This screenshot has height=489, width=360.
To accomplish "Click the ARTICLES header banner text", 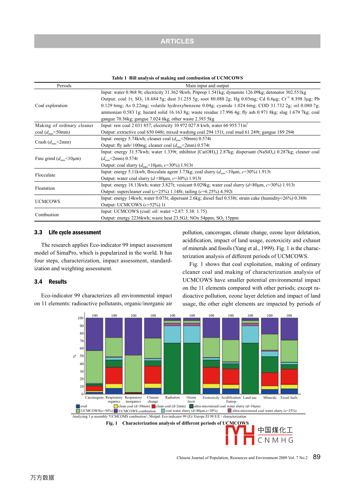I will (177, 41).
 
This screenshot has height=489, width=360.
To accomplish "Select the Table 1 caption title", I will (177, 78).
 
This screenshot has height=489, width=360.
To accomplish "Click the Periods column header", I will (64, 86).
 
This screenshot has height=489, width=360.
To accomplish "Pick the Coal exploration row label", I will (51, 106).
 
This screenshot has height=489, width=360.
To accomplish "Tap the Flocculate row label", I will (45, 175).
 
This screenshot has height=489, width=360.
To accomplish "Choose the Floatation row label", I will (45, 188).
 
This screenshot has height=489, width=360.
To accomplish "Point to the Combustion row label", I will (47, 215).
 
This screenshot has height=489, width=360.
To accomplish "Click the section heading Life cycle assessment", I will (75, 233).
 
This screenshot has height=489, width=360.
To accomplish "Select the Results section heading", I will (57, 282).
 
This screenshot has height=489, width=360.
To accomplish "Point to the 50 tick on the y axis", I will (81, 356).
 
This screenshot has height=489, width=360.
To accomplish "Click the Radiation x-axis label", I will (172, 398).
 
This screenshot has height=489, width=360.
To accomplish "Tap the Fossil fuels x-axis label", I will (289, 398).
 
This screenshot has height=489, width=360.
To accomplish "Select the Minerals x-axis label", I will (270, 398).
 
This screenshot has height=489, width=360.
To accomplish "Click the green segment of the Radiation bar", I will (173, 368).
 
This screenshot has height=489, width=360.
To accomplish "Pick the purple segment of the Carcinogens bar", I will (95, 334).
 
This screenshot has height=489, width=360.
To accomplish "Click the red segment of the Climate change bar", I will (153, 375).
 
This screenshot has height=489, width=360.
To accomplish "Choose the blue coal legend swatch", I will (78, 406).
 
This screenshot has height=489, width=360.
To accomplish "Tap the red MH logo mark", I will (239, 435).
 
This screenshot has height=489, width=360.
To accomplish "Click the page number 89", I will (316, 457).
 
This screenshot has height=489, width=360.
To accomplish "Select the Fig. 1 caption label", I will (112, 423).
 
